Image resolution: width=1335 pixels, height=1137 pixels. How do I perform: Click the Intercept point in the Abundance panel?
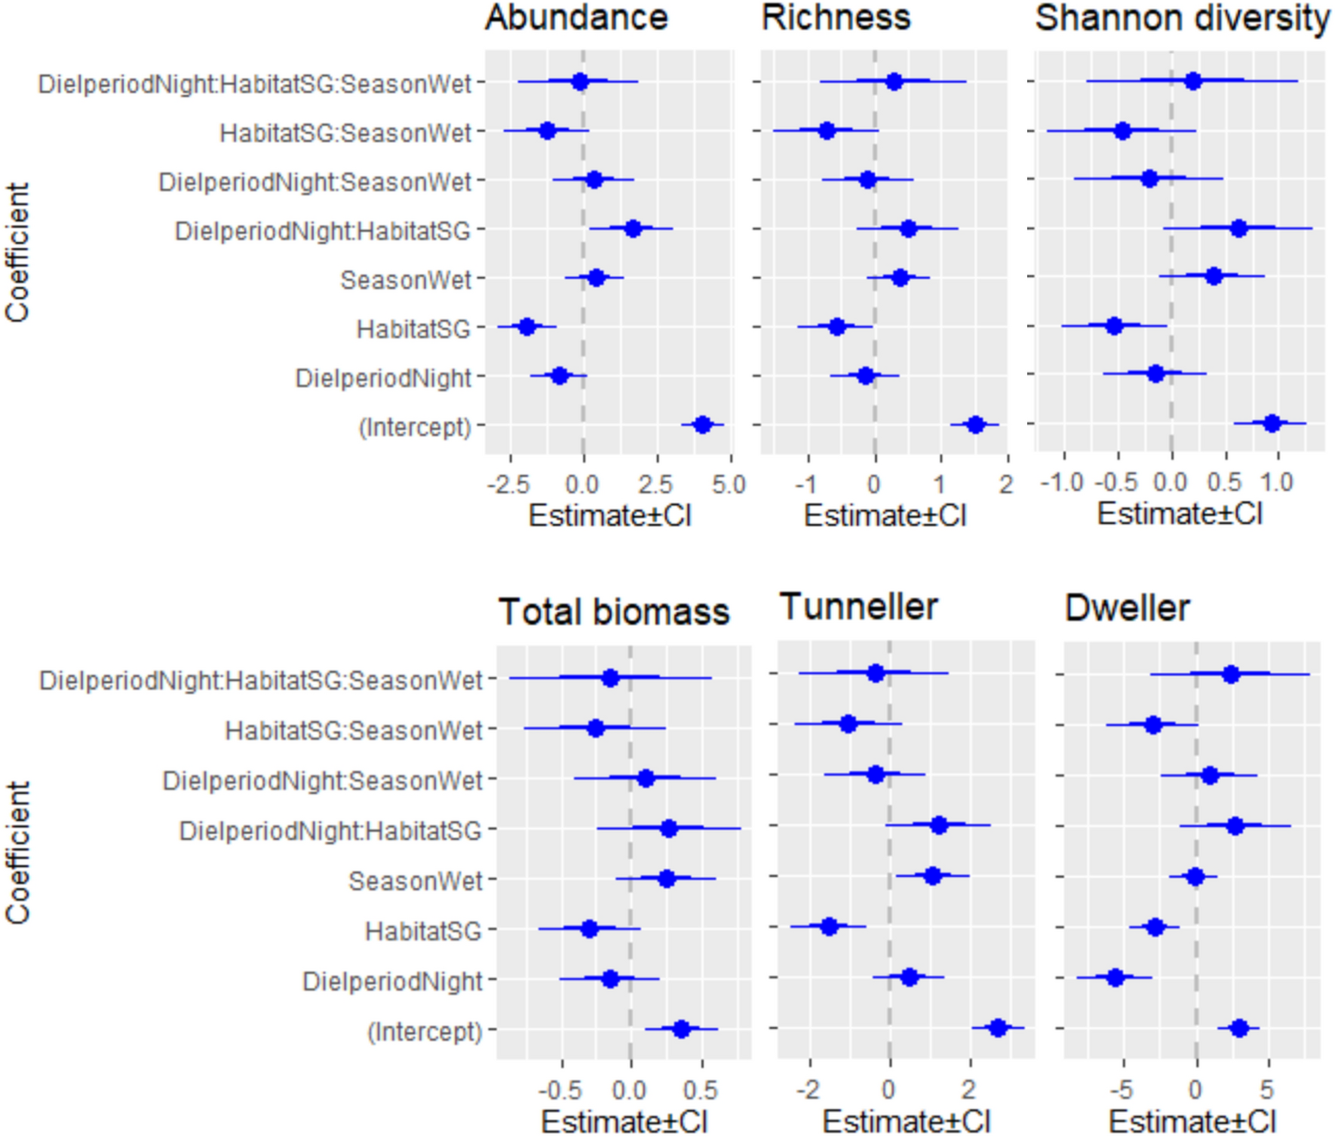coord(702,425)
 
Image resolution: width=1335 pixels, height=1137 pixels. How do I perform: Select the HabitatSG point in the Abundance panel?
coord(526,326)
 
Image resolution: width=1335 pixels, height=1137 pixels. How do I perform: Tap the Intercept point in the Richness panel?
coord(975,425)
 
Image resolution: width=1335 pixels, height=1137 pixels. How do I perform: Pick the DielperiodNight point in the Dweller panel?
coord(1116,978)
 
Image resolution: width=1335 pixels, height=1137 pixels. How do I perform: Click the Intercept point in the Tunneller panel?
coord(998,1028)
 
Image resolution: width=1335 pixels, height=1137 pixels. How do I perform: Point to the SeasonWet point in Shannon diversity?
coord(1214,277)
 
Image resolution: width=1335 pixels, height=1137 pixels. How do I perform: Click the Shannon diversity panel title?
coord(1182,18)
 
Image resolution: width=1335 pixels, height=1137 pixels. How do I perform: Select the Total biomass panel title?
coord(614,611)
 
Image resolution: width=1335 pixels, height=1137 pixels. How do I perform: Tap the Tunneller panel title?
coord(858,607)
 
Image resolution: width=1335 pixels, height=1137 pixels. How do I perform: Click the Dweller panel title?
coord(1127,608)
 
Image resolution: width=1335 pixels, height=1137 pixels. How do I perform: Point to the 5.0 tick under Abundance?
coord(729,484)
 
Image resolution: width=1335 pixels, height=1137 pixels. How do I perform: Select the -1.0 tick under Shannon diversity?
coord(1062,483)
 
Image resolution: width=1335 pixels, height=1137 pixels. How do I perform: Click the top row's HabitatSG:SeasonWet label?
coord(345,133)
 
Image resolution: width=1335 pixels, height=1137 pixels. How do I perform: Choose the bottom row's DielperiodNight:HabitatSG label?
coord(330,831)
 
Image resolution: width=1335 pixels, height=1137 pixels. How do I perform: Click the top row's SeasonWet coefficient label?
coord(406,280)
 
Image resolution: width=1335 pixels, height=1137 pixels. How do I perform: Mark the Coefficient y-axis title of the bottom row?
coord(18,852)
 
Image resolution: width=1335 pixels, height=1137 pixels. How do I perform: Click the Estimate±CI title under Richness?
coord(885,516)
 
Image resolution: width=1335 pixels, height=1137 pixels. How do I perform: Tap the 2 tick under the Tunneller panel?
coord(969,1089)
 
